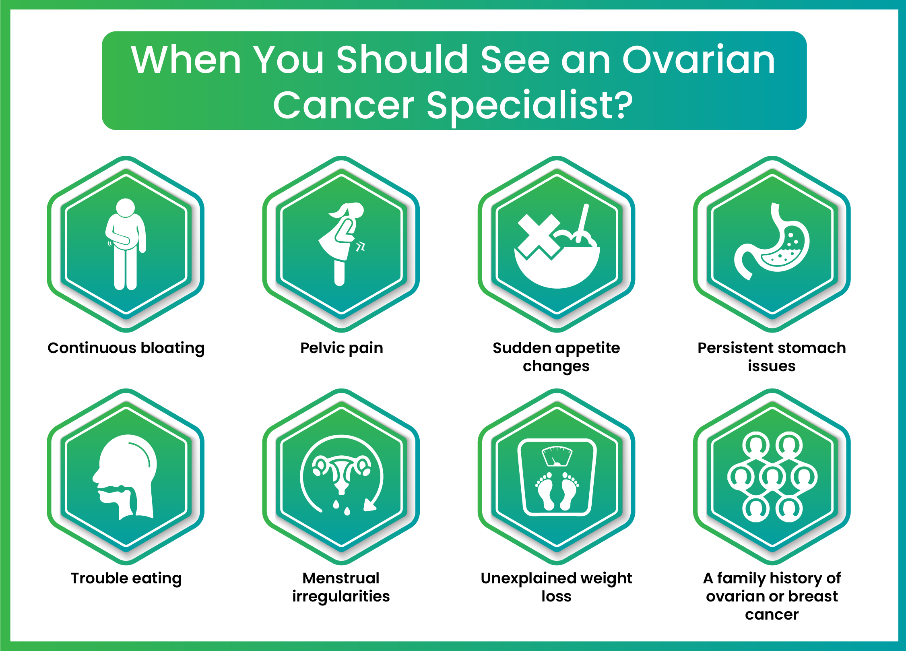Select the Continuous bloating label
126,348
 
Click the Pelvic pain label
341,348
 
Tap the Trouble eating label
126,579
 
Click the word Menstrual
341,578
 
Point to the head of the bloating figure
125,207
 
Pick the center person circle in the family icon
772,477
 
